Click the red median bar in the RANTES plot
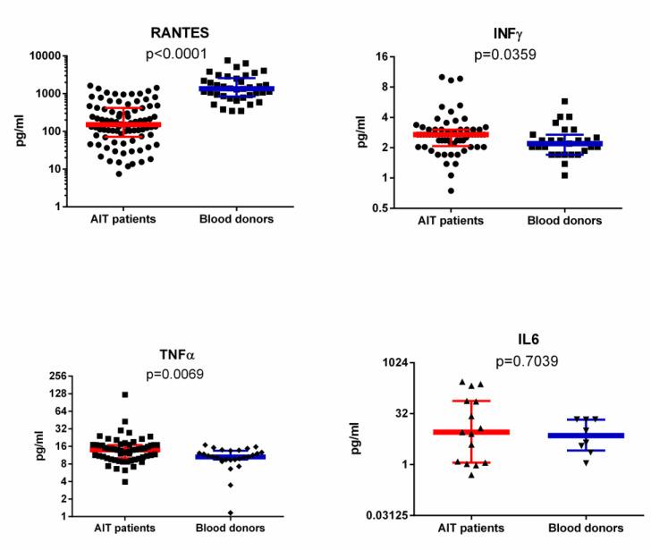pos(110,125)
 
